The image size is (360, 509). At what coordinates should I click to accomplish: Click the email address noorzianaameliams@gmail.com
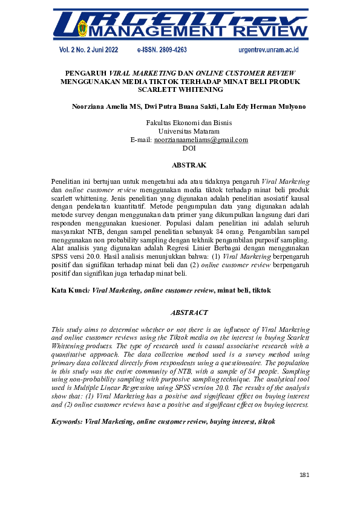pos(201,140)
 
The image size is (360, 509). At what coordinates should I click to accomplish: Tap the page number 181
pos(304,475)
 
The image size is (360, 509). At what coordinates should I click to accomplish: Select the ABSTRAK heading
pos(189,165)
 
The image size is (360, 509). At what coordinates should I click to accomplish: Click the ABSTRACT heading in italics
pos(189,313)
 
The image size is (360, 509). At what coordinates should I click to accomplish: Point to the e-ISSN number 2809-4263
pos(162,50)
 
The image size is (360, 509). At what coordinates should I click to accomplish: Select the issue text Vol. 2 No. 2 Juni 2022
pos(89,50)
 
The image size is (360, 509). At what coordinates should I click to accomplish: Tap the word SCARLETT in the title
pos(159,89)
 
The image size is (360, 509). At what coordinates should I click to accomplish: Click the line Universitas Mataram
pos(189,131)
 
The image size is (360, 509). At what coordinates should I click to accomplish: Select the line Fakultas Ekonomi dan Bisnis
pos(189,123)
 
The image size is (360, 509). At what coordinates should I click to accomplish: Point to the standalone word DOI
pos(189,148)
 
